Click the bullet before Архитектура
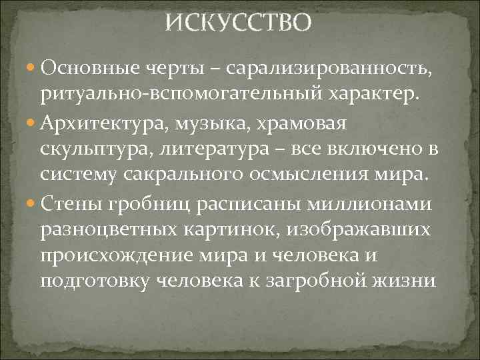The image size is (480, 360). click(x=30, y=125)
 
